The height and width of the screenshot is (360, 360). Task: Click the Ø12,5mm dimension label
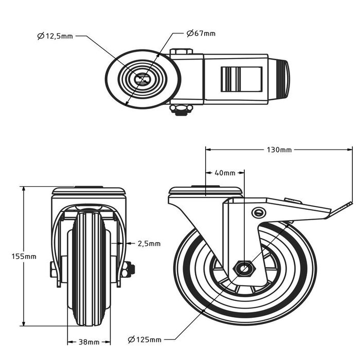pos(55,36)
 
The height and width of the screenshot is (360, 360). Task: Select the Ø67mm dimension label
pos(201,33)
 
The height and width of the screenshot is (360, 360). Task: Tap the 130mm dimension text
pos(279,150)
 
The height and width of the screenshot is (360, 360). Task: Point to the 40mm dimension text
pos(225,173)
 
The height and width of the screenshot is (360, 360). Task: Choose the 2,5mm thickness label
pos(150,243)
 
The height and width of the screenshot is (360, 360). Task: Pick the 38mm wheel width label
pos(89,341)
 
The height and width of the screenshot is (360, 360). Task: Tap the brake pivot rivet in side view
pos(259,212)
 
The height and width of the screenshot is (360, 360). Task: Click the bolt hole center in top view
pos(142,79)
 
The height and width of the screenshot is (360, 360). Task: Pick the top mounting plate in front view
pos(88,191)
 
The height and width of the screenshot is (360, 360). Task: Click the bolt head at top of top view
pos(181,51)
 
